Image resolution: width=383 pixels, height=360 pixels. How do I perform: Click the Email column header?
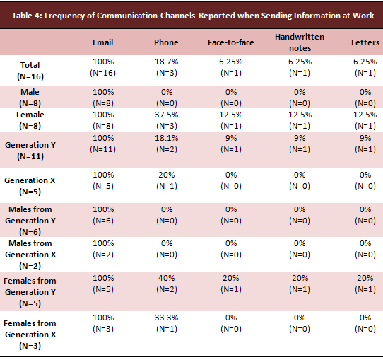point(103,42)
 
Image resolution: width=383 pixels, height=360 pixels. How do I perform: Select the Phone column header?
point(166,42)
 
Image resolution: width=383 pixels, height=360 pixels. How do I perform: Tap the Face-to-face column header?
point(231,42)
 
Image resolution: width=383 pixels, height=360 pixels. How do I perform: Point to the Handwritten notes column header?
point(300,42)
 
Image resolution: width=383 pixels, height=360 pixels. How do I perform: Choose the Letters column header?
point(365,42)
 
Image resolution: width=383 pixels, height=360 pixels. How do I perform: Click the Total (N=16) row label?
point(30,71)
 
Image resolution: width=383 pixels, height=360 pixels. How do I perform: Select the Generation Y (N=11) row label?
point(30,151)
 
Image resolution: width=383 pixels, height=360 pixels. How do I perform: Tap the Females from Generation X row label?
point(30,335)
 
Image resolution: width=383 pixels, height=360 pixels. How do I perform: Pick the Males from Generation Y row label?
point(30,221)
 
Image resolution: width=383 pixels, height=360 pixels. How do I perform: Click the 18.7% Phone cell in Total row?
point(167,67)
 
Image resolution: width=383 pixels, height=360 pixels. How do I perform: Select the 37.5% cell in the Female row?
point(167,120)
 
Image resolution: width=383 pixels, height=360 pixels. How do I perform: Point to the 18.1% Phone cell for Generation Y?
point(167,144)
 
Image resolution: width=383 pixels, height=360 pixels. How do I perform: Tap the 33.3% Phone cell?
point(167,323)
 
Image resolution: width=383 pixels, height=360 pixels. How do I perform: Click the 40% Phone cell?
point(167,284)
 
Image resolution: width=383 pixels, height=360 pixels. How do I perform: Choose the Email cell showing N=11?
point(103,144)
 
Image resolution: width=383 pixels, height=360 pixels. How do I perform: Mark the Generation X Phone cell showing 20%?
point(167,180)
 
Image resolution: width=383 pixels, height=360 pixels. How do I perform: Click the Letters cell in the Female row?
point(365,120)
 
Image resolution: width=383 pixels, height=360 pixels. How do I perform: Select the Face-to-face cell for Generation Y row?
point(231,144)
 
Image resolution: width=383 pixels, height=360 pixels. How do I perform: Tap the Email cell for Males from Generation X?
point(103,249)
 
